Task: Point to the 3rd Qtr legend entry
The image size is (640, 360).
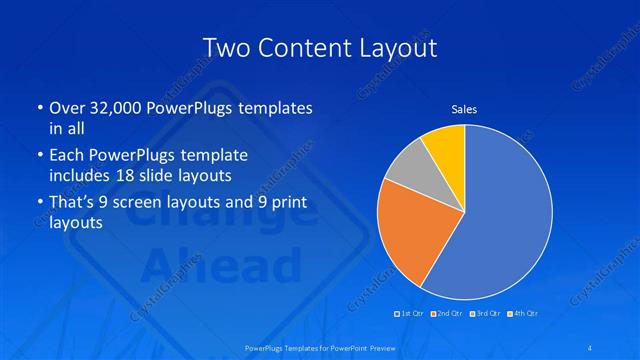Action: (487, 313)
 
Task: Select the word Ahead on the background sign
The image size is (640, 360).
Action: (222, 266)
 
